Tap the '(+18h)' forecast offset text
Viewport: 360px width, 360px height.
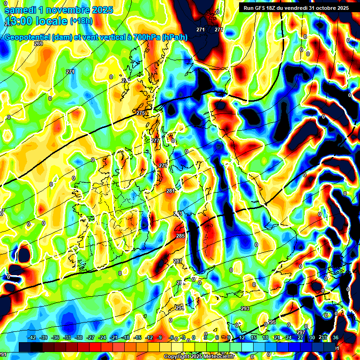[x=81, y=21]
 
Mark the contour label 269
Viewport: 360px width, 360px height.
[x=38, y=44]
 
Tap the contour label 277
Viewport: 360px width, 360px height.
[x=155, y=141]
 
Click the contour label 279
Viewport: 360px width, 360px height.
[x=163, y=165]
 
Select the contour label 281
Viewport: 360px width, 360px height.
[x=171, y=191]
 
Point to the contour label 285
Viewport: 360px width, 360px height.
[x=180, y=236]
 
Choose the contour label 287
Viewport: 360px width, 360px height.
[x=178, y=261]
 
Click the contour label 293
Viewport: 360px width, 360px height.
[x=245, y=308]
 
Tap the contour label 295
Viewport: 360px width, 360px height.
[x=272, y=322]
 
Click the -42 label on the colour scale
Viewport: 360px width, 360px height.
[x=32, y=337]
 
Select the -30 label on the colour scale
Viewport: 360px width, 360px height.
[x=79, y=337]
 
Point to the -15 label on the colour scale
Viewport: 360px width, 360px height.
[x=137, y=337]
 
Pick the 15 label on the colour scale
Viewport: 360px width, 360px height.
[x=254, y=337]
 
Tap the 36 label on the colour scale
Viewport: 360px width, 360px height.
[x=336, y=337]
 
